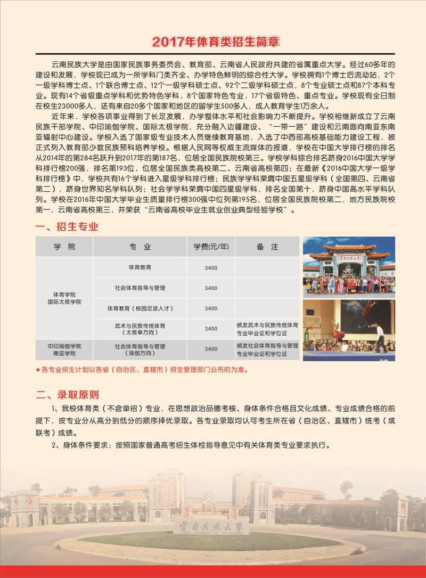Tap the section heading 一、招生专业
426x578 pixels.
pos(67,226)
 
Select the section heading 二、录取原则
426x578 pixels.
pos(67,395)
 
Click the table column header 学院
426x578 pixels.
pos(64,247)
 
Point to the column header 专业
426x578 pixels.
pos(140,247)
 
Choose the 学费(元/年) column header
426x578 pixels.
pos(211,247)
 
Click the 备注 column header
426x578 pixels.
pos(267,247)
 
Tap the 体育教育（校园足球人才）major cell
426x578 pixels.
pos(140,308)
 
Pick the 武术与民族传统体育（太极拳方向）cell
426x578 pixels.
pos(140,329)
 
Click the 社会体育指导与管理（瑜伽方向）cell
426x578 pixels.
pos(140,349)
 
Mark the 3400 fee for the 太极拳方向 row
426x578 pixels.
pos(211,329)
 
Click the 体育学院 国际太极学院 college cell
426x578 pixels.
pos(64,298)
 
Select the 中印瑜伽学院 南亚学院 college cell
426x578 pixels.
pos(64,349)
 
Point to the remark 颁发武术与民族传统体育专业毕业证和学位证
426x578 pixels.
pos(267,329)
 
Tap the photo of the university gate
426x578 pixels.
pos(349,266)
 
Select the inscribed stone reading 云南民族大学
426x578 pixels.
pos(211,526)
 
